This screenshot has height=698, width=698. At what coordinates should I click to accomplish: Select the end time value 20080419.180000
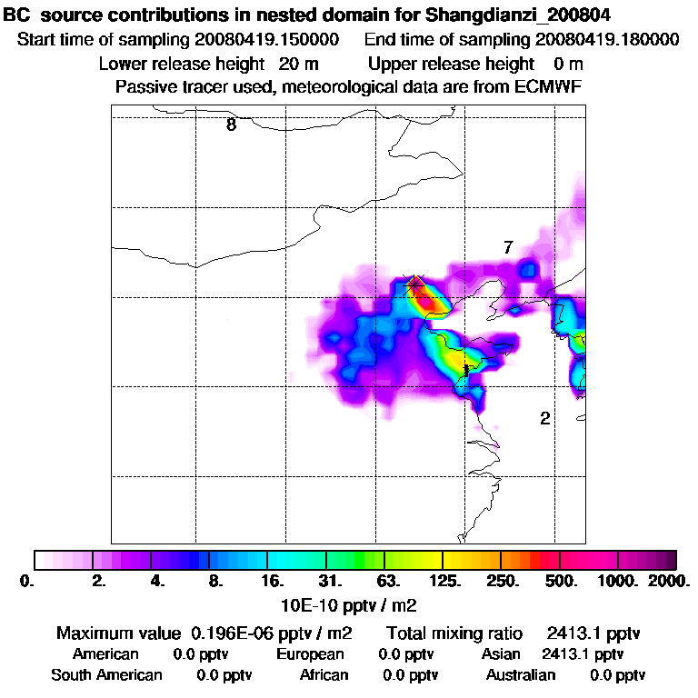tap(607, 40)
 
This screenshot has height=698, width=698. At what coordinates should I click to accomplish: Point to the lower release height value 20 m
tap(294, 65)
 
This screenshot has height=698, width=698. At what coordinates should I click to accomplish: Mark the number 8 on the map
tap(231, 125)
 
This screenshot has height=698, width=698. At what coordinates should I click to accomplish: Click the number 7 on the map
tap(508, 247)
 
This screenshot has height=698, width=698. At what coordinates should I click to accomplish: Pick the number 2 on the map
tap(544, 418)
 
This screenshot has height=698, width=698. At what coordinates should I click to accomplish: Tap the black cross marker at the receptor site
tap(415, 284)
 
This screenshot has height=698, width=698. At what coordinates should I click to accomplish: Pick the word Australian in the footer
tap(521, 675)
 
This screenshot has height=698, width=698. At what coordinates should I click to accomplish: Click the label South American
tap(106, 675)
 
